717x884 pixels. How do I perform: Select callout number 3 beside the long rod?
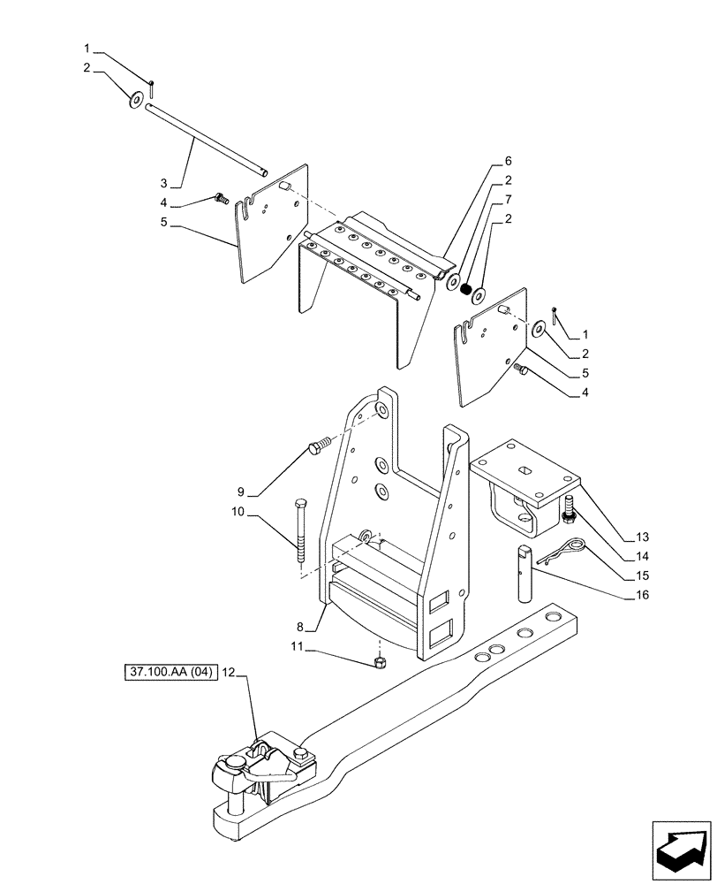click(163, 183)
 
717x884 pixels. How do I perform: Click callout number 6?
click(508, 162)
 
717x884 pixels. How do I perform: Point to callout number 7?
click(508, 200)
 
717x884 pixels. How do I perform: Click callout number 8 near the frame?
click(301, 627)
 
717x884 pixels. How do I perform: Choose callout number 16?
click(642, 596)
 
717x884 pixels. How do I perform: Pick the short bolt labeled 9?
click(320, 444)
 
